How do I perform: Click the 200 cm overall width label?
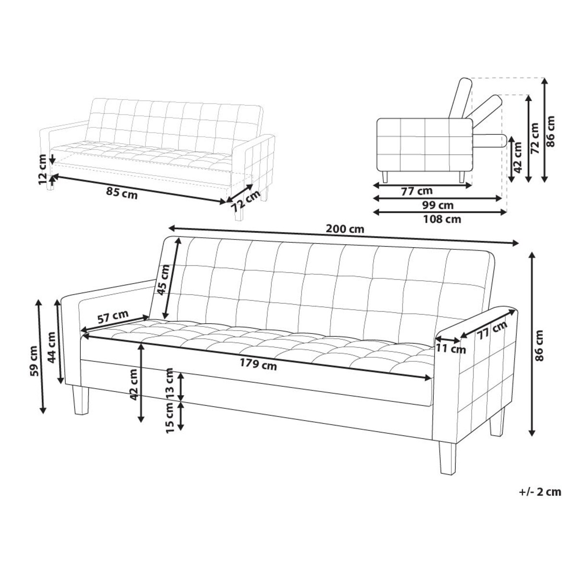click(x=345, y=229)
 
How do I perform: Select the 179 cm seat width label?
click(x=259, y=365)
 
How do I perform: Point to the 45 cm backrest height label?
click(x=163, y=280)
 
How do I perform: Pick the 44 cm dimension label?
click(x=52, y=347)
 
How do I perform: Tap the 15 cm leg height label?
click(x=169, y=417)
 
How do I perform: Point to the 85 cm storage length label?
click(x=122, y=195)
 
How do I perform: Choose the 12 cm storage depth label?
click(x=43, y=169)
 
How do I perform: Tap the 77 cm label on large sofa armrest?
click(x=492, y=331)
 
